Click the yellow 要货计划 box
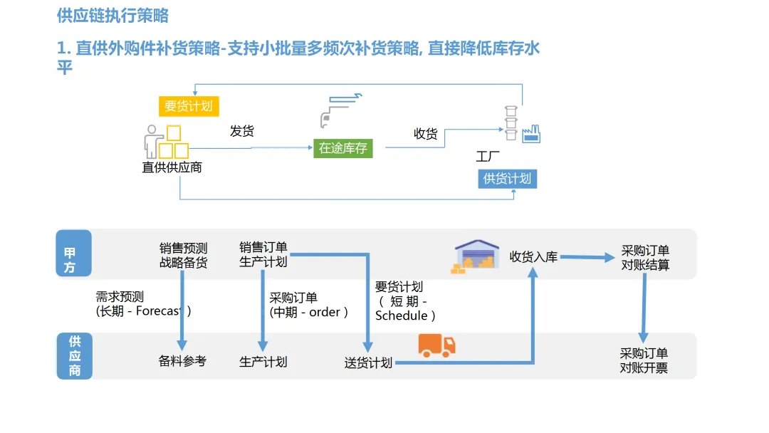click(189, 106)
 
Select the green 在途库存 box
click(343, 148)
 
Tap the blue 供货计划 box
click(507, 179)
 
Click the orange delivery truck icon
click(436, 345)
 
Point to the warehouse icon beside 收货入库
click(477, 256)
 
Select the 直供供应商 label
click(172, 167)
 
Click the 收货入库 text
click(533, 257)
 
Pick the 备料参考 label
click(182, 361)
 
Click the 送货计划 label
click(368, 362)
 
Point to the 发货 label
click(242, 131)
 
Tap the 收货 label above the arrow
click(426, 133)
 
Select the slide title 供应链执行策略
click(113, 16)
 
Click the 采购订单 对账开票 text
click(644, 361)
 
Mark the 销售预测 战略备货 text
click(183, 255)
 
